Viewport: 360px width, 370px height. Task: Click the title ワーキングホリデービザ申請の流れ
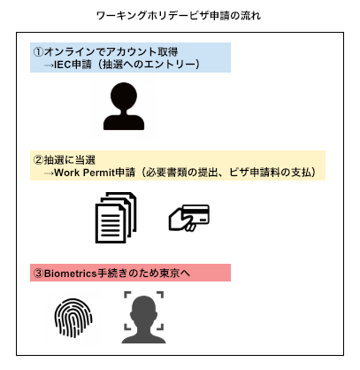click(179, 16)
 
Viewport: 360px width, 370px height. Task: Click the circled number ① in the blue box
click(39, 52)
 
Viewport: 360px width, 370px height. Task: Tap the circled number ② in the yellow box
click(39, 160)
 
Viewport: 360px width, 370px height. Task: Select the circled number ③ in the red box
click(39, 274)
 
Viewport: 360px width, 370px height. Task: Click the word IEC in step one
click(63, 65)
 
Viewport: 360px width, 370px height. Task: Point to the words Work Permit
click(84, 173)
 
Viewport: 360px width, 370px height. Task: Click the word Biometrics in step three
click(71, 274)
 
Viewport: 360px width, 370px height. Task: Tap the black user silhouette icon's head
click(124, 96)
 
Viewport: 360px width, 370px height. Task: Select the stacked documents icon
click(116, 218)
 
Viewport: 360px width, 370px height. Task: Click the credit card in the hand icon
click(195, 214)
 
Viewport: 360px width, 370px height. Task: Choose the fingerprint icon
click(73, 318)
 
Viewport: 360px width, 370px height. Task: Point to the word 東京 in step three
click(170, 274)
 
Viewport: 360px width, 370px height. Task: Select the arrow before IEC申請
click(49, 66)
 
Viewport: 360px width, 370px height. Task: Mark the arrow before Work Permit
click(49, 173)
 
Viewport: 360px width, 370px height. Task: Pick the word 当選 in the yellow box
click(86, 160)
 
